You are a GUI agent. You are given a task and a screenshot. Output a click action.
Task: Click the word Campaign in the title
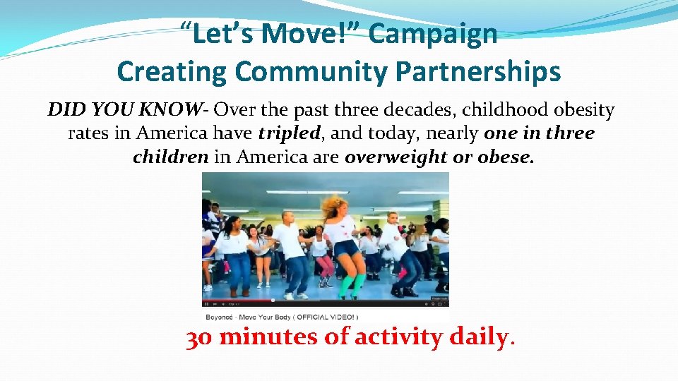click(434, 34)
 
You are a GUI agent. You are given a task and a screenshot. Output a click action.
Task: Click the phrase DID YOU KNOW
click(124, 110)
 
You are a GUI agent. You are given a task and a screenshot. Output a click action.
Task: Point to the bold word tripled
click(289, 133)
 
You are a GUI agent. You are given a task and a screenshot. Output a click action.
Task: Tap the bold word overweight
click(396, 157)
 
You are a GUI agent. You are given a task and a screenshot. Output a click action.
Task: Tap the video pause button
click(207, 304)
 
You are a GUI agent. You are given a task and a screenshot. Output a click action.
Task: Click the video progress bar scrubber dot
click(275, 299)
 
